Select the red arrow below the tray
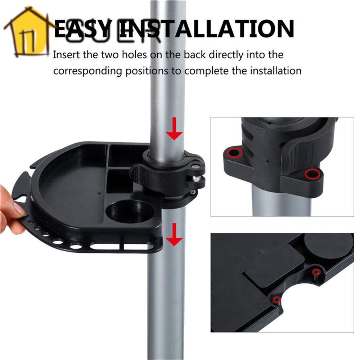[x=174, y=234]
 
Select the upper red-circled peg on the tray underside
[x=316, y=272]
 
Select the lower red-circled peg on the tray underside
[x=276, y=300]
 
